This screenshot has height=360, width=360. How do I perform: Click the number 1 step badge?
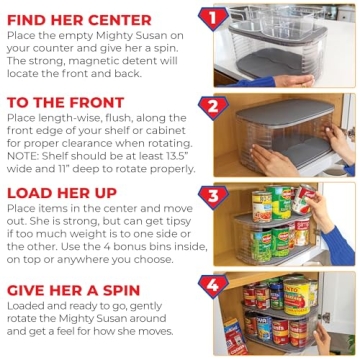coord(211,17)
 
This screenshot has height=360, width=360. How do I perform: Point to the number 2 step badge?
coord(211,106)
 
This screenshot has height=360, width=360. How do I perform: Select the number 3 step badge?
coord(211,194)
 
